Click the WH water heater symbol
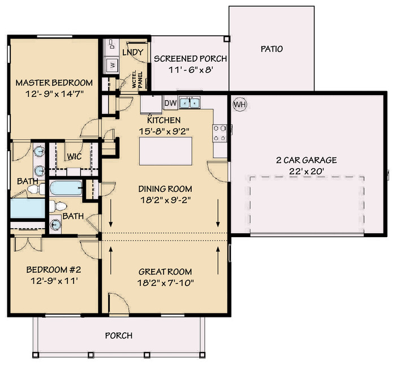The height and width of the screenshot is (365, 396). (x=240, y=104)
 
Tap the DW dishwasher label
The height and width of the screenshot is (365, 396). (x=170, y=103)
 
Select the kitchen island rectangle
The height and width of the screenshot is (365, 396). (x=166, y=151)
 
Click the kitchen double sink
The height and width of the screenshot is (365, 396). (x=190, y=102)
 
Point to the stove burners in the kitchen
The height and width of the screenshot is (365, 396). (x=219, y=133)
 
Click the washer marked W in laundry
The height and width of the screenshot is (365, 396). (x=112, y=65)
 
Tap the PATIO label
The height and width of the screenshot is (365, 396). (x=272, y=49)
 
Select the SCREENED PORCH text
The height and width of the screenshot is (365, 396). (x=191, y=59)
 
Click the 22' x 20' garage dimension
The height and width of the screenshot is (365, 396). (x=307, y=171)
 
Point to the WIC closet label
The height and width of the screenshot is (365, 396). (x=74, y=156)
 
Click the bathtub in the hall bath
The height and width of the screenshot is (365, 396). (x=66, y=188)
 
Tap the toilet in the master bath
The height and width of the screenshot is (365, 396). (x=36, y=189)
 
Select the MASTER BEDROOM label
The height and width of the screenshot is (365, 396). (x=54, y=83)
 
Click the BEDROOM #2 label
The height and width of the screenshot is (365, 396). (x=54, y=269)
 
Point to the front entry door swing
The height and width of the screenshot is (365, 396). (x=119, y=304)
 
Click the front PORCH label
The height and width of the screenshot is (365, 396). (x=119, y=336)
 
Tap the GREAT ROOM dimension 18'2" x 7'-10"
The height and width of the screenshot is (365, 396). (x=165, y=282)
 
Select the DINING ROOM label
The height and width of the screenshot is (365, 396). (x=165, y=188)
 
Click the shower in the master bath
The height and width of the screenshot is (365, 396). (x=28, y=208)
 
